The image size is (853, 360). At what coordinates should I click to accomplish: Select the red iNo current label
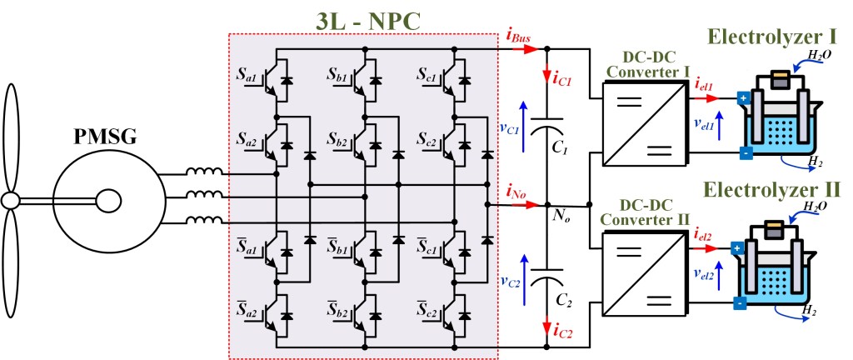516,192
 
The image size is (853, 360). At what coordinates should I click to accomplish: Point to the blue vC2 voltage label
511,279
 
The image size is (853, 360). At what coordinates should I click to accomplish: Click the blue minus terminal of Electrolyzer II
738,302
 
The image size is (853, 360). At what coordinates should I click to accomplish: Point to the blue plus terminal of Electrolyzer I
741,99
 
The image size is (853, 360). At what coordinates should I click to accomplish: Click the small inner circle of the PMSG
106,200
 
